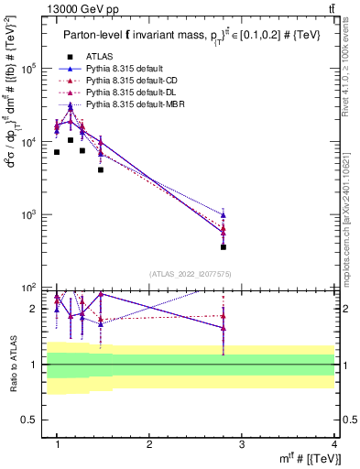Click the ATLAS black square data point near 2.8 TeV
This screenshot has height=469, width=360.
(224, 246)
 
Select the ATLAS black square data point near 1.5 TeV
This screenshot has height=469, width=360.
(101, 169)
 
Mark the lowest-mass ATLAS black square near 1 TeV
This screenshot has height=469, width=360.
(57, 152)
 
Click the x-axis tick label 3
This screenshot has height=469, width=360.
(242, 443)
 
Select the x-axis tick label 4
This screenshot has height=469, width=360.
(334, 443)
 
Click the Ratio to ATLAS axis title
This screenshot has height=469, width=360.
(11, 364)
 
